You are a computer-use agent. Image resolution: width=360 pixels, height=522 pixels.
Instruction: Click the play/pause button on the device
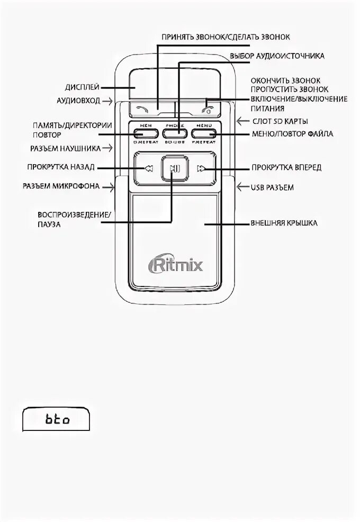coord(174,169)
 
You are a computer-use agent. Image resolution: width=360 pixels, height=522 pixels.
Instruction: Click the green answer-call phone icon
coord(141,110)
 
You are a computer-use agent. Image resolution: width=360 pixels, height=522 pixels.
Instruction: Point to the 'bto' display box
coord(56,420)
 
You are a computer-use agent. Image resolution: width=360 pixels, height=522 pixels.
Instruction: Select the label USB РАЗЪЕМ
coord(272,187)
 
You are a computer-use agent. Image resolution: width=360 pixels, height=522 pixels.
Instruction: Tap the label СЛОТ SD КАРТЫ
coord(280,121)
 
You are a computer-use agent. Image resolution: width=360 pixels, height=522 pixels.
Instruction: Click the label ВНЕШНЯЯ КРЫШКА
coord(284,223)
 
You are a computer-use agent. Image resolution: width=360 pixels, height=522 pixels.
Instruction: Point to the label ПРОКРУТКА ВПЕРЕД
coord(286,168)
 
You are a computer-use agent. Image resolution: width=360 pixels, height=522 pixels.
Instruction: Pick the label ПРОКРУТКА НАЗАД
coord(61,167)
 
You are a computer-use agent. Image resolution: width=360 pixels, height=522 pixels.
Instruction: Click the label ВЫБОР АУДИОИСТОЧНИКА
coord(277,55)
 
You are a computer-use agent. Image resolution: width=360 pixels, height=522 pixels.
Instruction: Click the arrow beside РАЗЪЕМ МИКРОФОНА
coord(109,186)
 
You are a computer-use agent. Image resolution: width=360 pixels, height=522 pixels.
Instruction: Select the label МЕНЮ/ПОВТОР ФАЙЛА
coord(292,134)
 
